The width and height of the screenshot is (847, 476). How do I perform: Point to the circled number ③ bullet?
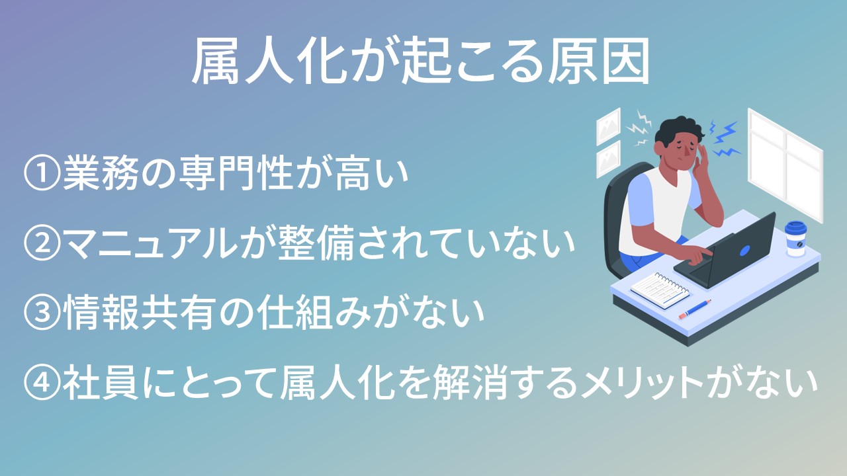pos(42,313)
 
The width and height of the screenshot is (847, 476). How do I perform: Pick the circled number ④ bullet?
pos(42,383)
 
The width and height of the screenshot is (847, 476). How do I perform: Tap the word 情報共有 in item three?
pos(139,313)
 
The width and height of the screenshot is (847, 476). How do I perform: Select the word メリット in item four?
pos(642,383)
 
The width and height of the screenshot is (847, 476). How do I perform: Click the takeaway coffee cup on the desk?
pos(795,239)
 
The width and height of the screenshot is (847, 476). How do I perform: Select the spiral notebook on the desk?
pos(660,290)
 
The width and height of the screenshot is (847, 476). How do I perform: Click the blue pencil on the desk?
pos(695,309)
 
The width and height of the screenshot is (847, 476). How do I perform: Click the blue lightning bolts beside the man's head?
pos(724,138)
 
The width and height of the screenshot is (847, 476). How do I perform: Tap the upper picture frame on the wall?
pos(608,126)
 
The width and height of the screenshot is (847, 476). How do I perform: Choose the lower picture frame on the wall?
pos(608,159)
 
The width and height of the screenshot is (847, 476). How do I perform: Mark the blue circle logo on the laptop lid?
pos(744,250)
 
